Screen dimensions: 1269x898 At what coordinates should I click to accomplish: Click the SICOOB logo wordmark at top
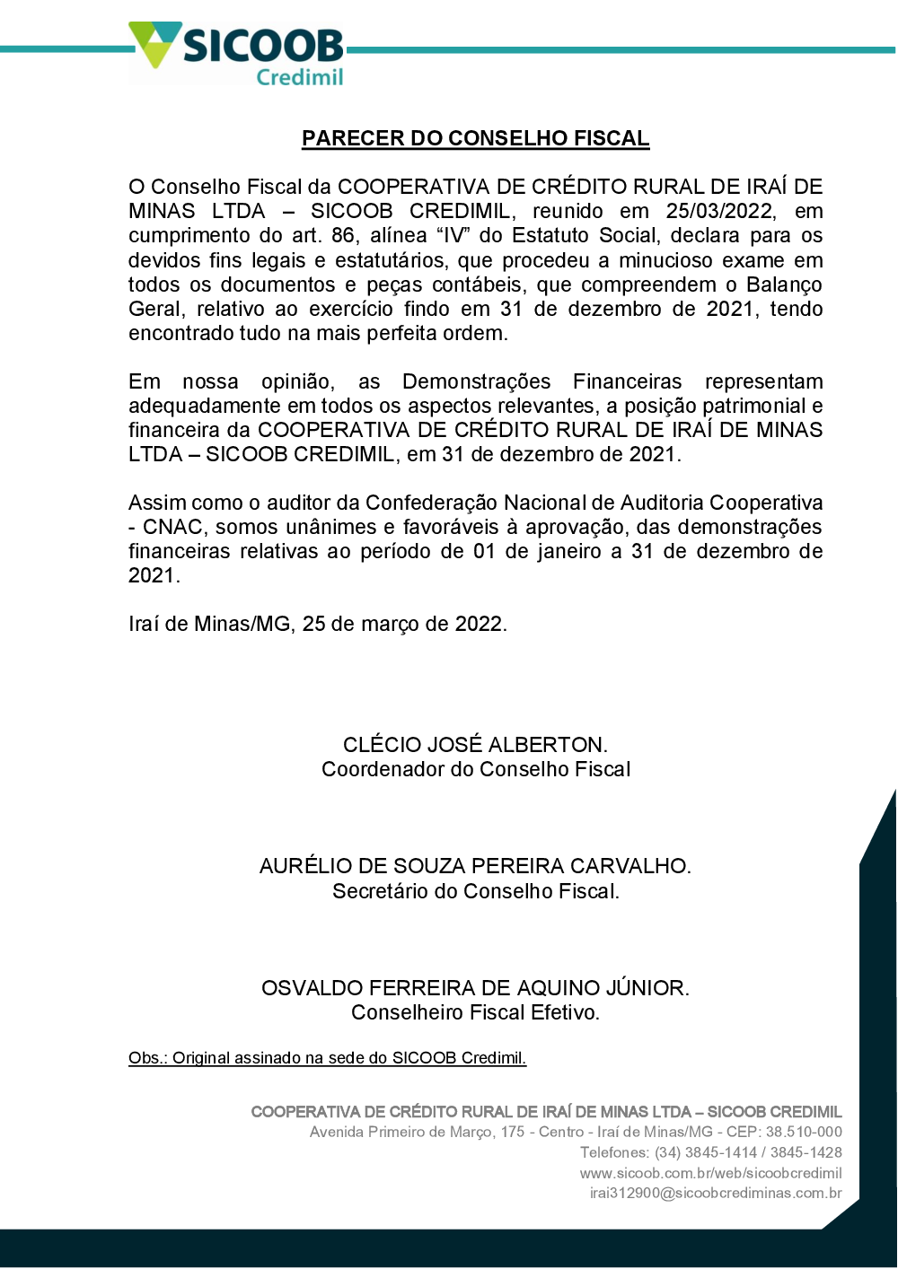pos(262,46)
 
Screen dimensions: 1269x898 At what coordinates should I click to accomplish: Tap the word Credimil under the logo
pos(299,78)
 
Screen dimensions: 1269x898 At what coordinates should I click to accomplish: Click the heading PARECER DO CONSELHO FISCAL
pos(475,138)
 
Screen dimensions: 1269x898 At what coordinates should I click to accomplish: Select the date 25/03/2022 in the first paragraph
pos(719,211)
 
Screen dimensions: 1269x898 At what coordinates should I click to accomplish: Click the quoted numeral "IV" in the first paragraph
pos(453,236)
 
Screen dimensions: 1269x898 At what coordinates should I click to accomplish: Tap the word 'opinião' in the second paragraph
pos(297,381)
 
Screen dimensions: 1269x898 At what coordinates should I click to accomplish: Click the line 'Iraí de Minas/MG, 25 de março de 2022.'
pos(318,624)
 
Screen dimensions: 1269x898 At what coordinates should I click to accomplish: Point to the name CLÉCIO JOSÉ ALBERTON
pos(475,745)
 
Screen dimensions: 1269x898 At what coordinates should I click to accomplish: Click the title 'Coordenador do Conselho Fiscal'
pos(476,769)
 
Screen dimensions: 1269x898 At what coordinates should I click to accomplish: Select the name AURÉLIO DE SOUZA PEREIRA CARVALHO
pos(475,866)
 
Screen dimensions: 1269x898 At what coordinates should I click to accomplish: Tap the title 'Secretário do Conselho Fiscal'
pos(476,891)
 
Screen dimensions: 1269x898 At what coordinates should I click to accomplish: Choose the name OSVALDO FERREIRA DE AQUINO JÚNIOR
pos(475,988)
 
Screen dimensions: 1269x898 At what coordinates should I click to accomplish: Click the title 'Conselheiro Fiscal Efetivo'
pos(475,1012)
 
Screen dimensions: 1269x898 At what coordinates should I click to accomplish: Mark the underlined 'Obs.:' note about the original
pos(327,1058)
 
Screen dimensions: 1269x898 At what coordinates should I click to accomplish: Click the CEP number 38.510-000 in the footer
pos(804,1132)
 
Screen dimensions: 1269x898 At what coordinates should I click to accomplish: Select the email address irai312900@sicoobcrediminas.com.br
pos(716,1193)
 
